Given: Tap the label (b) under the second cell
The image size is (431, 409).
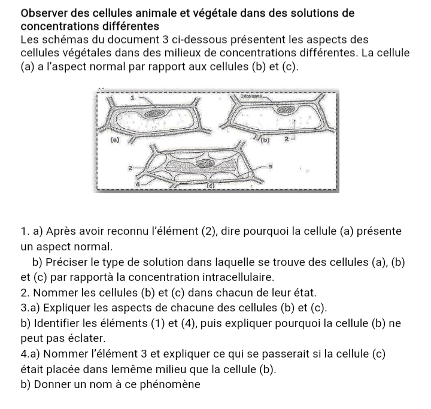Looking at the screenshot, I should click(x=266, y=141).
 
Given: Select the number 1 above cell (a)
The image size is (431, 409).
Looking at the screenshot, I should click(x=133, y=95).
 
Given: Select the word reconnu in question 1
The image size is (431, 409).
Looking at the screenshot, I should click(x=138, y=232).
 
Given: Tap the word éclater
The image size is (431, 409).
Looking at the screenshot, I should click(x=89, y=338).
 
